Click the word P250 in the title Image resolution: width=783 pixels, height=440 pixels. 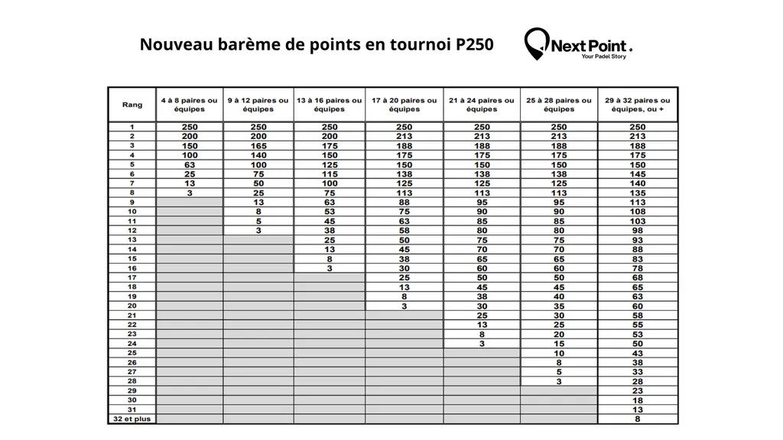pyautogui.click(x=475, y=44)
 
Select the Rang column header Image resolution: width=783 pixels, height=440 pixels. pyautogui.click(x=132, y=105)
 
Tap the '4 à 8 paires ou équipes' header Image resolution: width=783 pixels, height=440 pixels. pyautogui.click(x=189, y=105)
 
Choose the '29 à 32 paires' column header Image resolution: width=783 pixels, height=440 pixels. pyautogui.click(x=637, y=105)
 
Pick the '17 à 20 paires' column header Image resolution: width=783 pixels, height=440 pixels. pyautogui.click(x=404, y=105)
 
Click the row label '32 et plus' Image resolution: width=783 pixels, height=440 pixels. pyautogui.click(x=132, y=419)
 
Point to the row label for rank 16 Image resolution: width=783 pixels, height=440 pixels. pyautogui.click(x=132, y=268)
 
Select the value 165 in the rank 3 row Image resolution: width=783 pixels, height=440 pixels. pyautogui.click(x=258, y=146)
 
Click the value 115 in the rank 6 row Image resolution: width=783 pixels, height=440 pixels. pyautogui.click(x=330, y=174)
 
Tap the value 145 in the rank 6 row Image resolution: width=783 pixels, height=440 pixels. pyautogui.click(x=637, y=174)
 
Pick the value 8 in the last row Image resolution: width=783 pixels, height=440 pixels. pyautogui.click(x=637, y=419)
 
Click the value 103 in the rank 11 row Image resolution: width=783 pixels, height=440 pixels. pyautogui.click(x=637, y=221)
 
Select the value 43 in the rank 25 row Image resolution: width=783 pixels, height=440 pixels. pyautogui.click(x=637, y=353)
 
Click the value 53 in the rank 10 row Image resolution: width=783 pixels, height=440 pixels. pyautogui.click(x=330, y=212)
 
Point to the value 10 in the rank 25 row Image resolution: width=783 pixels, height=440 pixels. pyautogui.click(x=559, y=353)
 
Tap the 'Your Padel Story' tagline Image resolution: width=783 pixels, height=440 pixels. pyautogui.click(x=603, y=57)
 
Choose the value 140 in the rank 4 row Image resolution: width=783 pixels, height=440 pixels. pyautogui.click(x=258, y=155)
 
